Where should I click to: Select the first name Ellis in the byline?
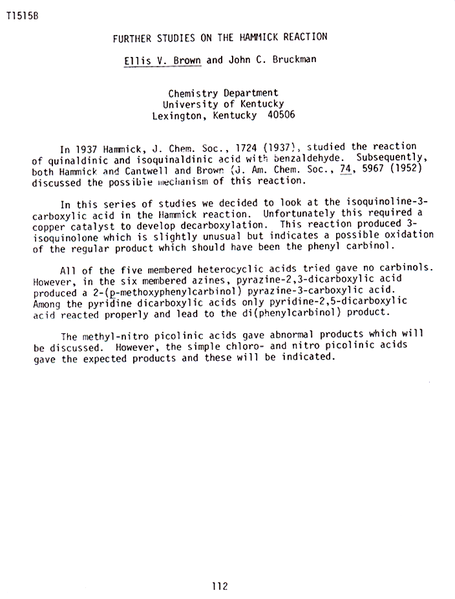click(138, 61)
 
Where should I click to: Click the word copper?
click(49, 224)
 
